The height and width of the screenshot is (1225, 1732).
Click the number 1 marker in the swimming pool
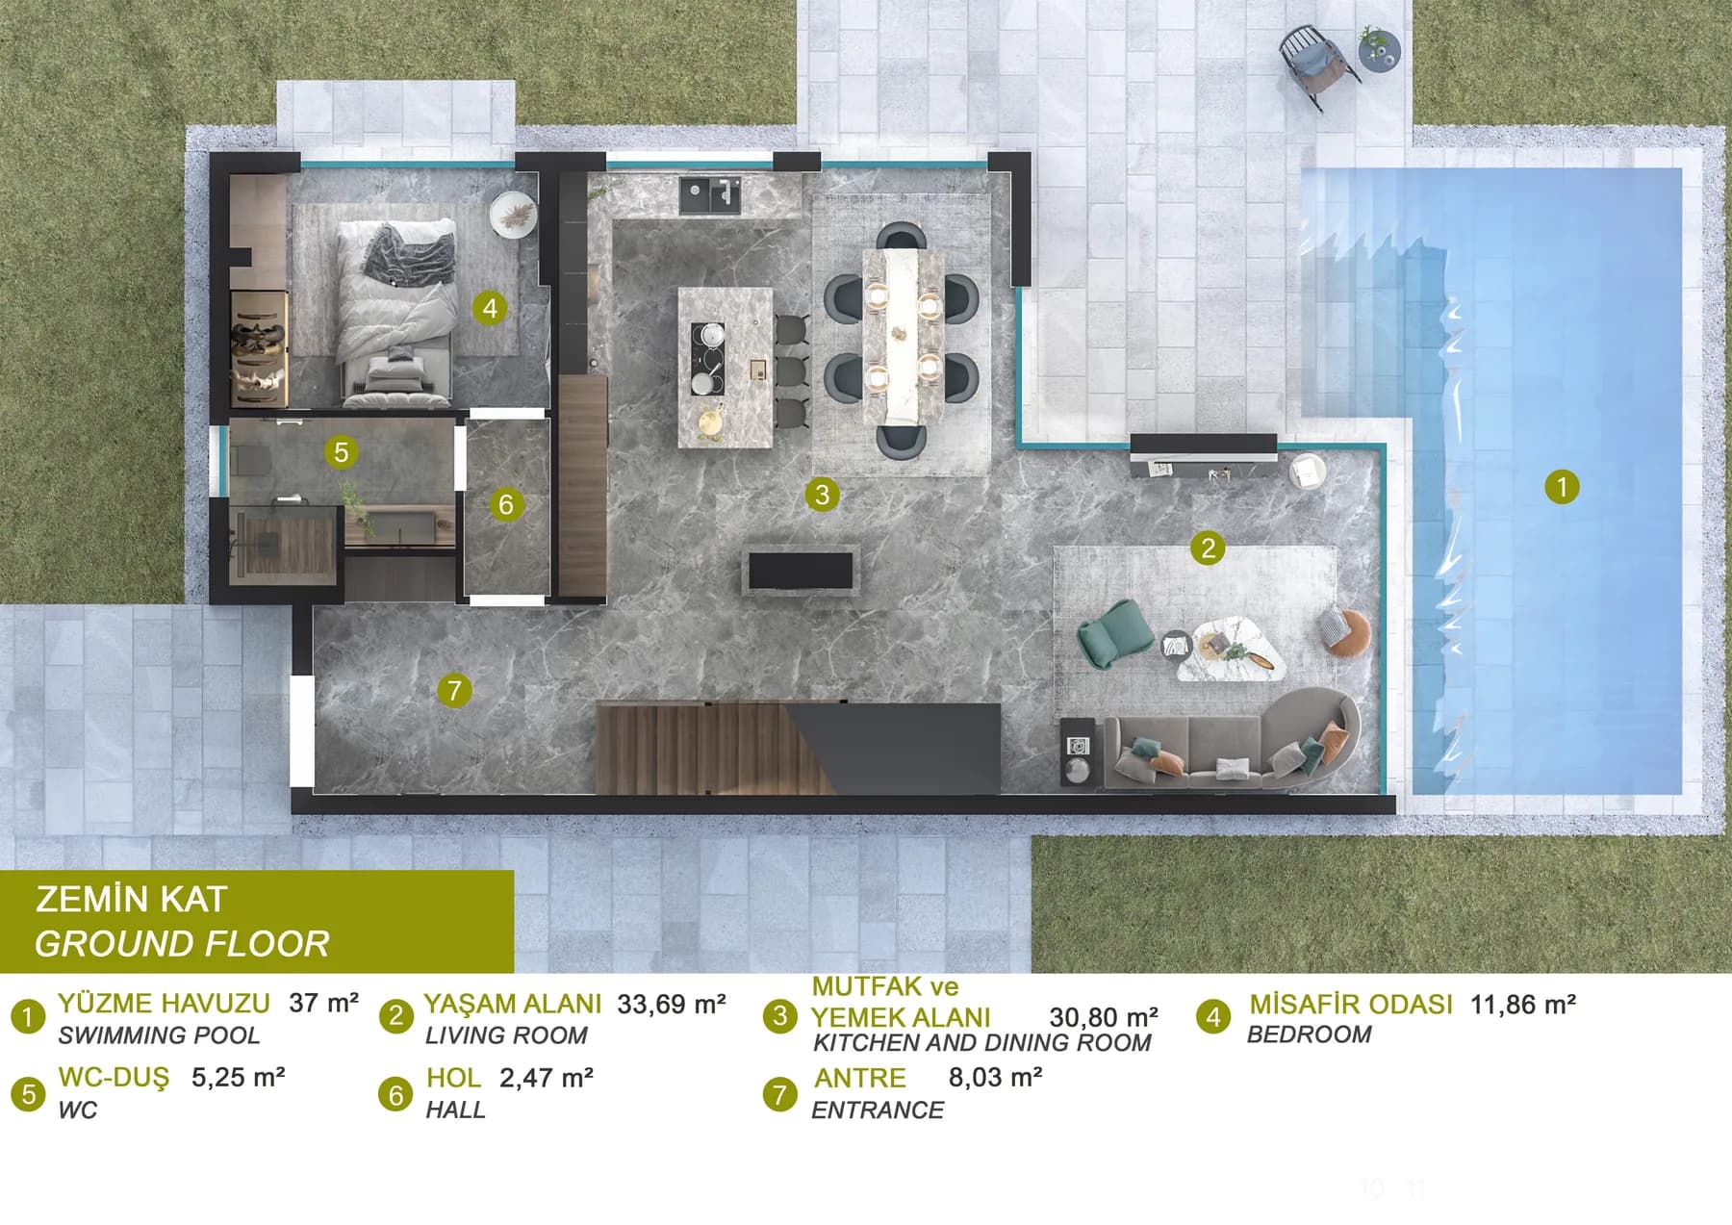tap(1562, 486)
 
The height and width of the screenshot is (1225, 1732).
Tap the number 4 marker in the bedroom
tap(490, 308)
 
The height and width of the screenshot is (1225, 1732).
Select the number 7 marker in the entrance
tap(454, 689)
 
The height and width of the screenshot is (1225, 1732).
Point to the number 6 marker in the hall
tap(506, 503)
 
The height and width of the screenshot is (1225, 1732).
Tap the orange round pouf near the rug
tap(1345, 632)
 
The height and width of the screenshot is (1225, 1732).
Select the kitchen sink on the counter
tap(710, 194)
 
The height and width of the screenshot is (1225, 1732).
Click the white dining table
tap(903, 336)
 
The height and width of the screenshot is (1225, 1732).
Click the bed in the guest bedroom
tap(395, 310)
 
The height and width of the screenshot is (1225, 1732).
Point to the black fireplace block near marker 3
tap(802, 570)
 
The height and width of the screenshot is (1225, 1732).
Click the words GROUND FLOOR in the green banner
tap(182, 944)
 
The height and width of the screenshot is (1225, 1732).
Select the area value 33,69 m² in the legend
tap(672, 1004)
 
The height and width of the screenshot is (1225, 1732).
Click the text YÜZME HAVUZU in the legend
tap(164, 1004)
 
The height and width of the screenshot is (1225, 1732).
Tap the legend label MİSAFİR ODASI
tap(1351, 1004)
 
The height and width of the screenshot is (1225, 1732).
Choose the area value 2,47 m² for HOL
tap(547, 1078)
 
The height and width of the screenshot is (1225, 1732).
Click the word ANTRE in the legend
tap(860, 1078)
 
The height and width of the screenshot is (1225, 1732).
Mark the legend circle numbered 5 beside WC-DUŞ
tap(28, 1094)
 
